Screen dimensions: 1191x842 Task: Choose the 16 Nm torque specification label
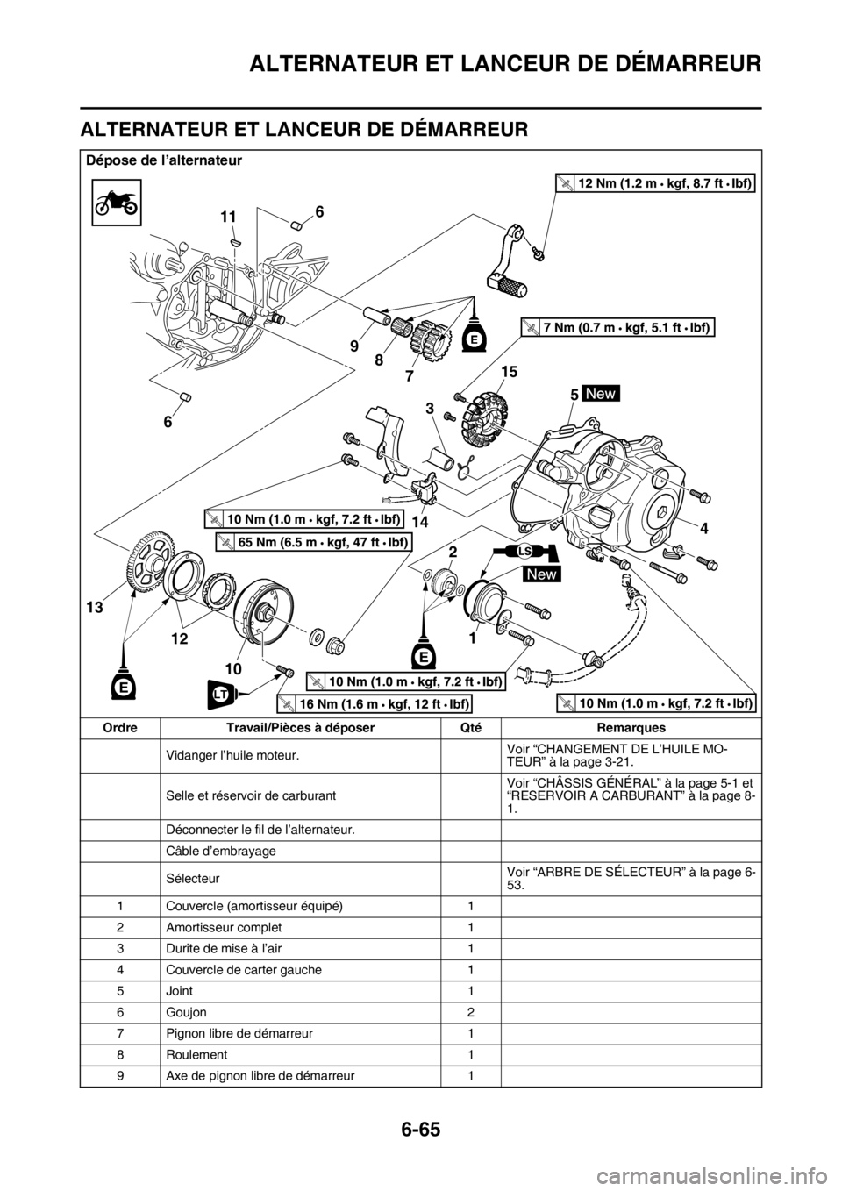coord(375,704)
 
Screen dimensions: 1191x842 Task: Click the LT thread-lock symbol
coord(223,694)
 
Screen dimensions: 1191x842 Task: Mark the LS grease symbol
coord(524,551)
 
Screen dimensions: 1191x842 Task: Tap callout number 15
coord(510,374)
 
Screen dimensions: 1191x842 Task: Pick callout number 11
coord(229,215)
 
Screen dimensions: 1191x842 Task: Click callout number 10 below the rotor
coord(233,667)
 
